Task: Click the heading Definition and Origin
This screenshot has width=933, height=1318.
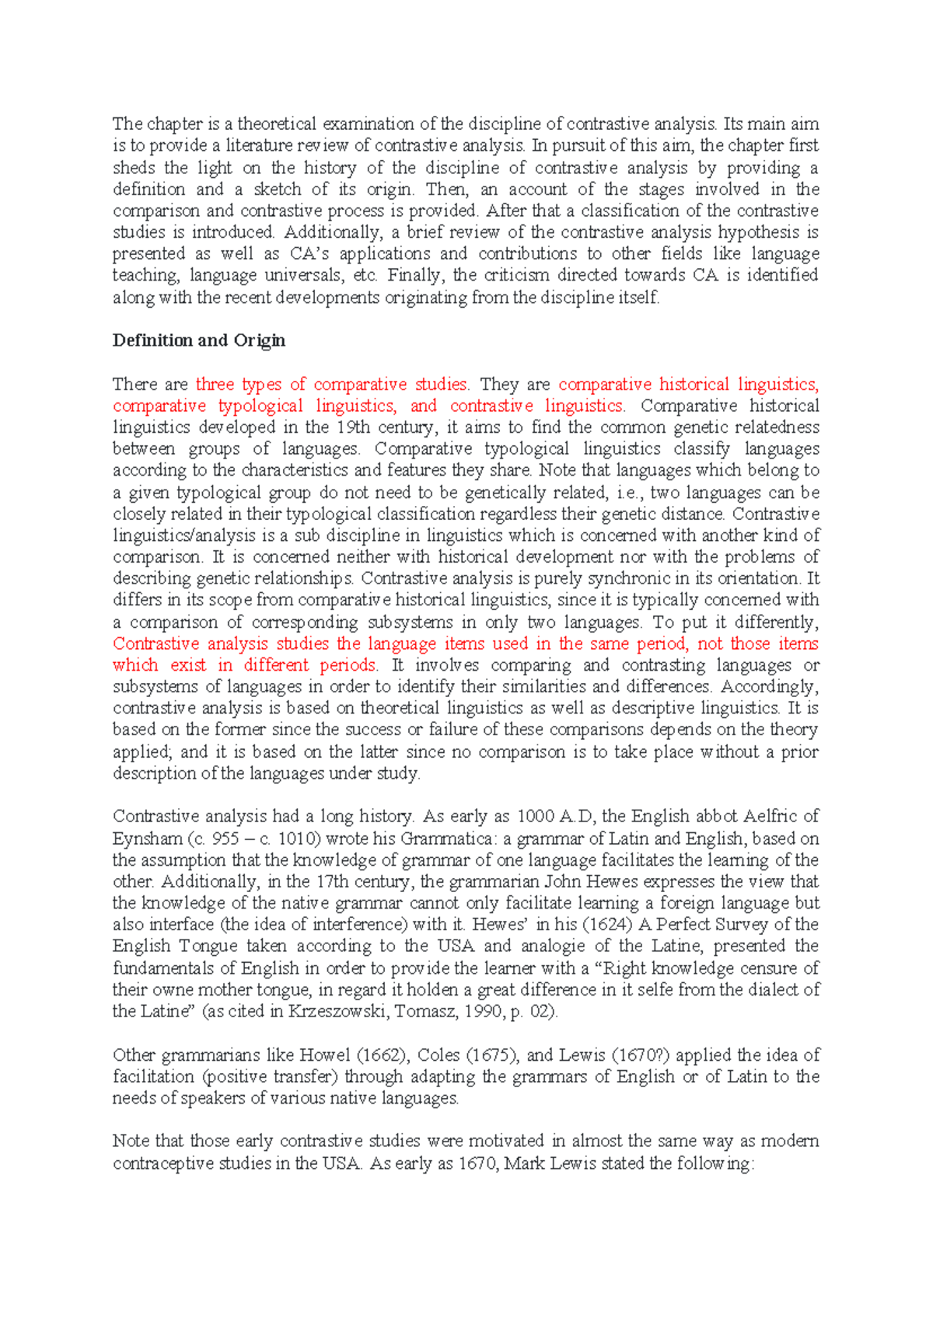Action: coord(199,340)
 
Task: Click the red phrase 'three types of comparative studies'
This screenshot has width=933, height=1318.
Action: coord(331,384)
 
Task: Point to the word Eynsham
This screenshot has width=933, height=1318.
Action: coord(147,839)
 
